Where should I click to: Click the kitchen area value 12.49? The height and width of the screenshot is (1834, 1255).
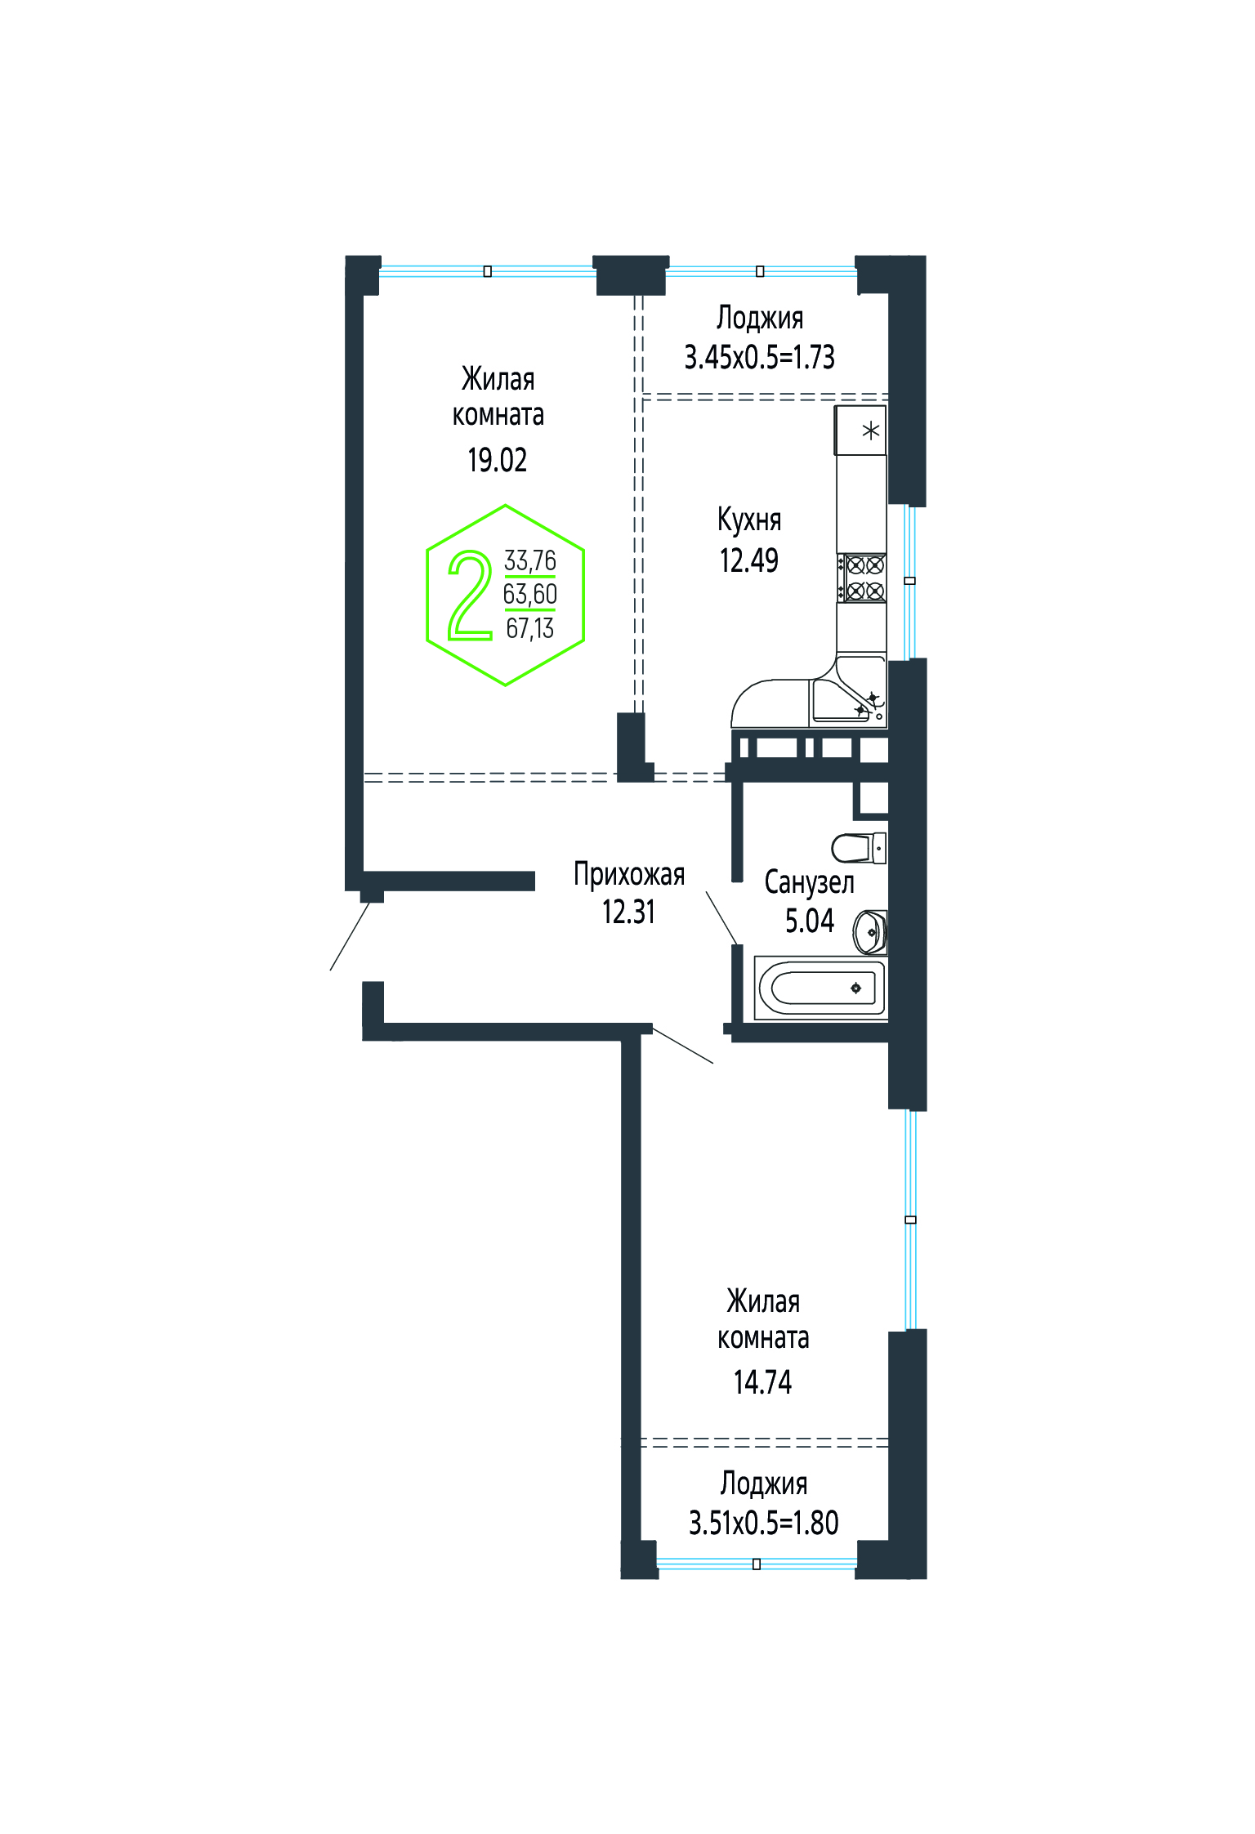coord(748,560)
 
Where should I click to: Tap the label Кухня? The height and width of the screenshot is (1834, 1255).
coord(749,520)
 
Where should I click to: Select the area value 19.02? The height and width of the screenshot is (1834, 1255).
coord(497,460)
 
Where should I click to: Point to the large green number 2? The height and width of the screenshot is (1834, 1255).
coord(470,595)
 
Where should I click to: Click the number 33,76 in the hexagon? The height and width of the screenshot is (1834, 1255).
coord(530,560)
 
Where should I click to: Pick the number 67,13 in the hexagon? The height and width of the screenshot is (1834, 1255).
coord(530,628)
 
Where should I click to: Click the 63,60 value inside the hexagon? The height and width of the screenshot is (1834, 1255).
coord(530,594)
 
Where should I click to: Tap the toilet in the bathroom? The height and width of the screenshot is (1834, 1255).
coord(859,848)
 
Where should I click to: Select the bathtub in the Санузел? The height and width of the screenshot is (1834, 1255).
coord(820,988)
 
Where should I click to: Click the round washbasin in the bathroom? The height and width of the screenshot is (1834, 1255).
coord(869,931)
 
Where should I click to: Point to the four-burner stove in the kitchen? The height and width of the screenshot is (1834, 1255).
coord(862,578)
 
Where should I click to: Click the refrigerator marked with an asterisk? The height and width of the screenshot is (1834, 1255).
coord(860,430)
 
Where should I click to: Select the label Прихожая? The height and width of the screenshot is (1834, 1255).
coord(629,874)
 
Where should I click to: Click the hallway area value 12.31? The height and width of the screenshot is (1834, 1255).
coord(628,912)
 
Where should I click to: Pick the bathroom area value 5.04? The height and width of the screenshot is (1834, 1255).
coord(810,921)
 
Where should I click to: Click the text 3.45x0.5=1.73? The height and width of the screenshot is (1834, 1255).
coord(759,357)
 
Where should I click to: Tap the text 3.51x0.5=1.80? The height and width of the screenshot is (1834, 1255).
coord(763,1523)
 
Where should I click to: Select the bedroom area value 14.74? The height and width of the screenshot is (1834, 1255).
coord(762,1382)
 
